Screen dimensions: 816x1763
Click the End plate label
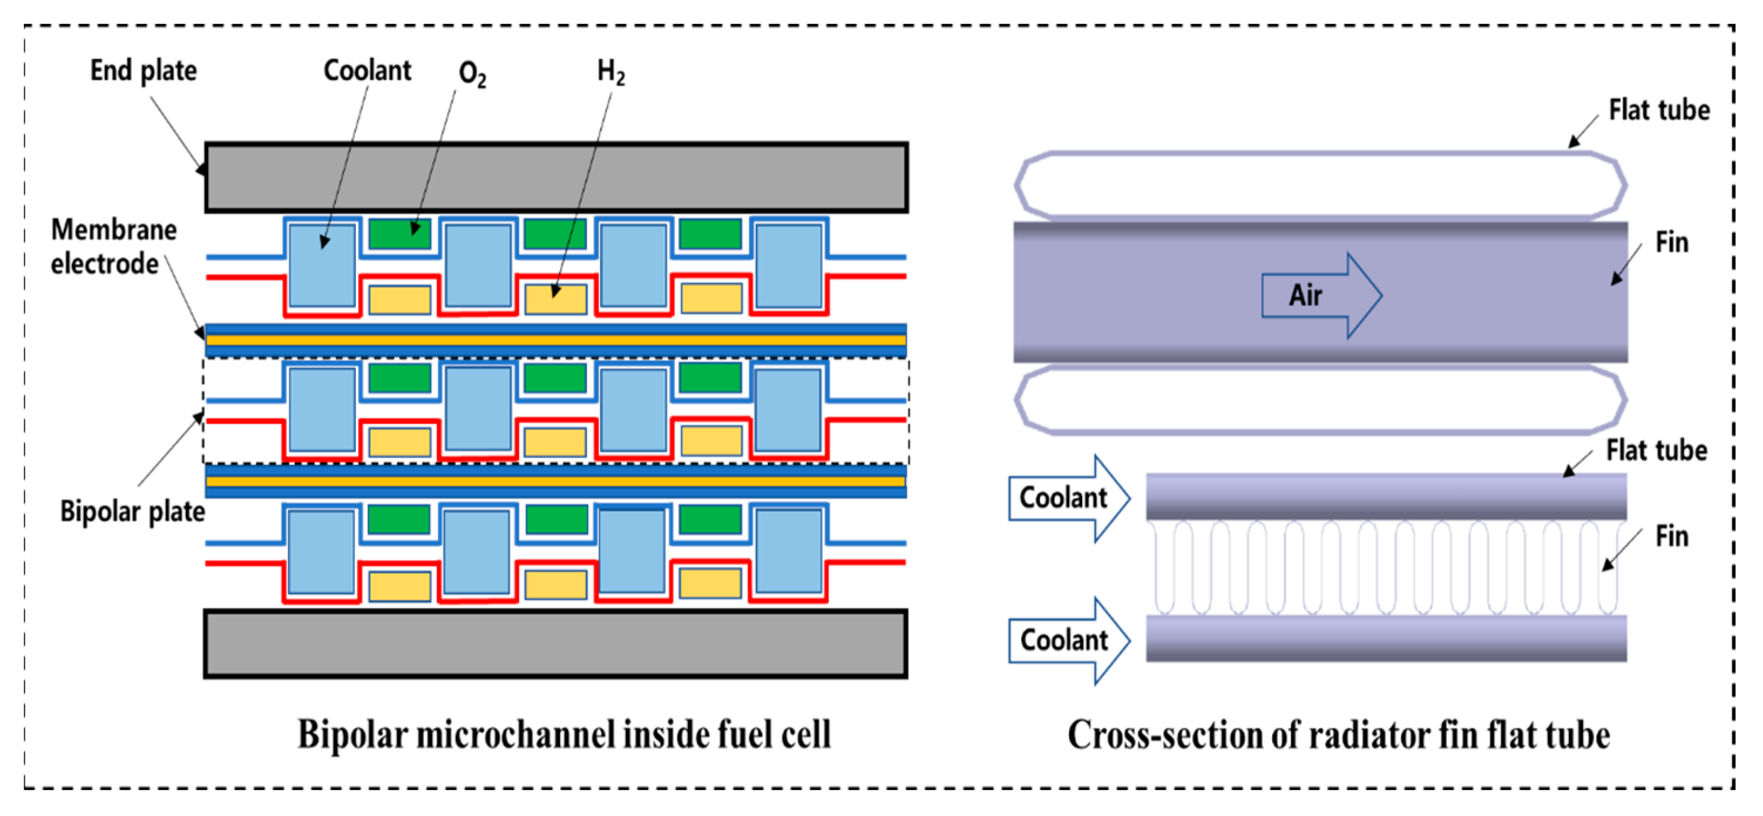point(143,70)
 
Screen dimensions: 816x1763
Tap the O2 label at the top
point(472,74)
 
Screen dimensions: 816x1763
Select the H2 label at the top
point(611,72)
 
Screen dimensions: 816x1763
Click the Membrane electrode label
point(113,246)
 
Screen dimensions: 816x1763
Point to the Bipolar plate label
point(132,512)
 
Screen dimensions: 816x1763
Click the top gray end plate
point(556,177)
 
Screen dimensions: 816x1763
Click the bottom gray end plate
point(556,644)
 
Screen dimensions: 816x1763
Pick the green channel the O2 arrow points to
point(399,233)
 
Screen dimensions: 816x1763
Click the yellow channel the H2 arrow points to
point(555,300)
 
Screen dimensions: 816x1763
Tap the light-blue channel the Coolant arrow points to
point(321,266)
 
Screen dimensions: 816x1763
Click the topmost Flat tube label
point(1658,110)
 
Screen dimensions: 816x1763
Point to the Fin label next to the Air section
point(1672,242)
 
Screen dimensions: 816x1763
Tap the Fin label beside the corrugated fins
point(1672,536)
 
